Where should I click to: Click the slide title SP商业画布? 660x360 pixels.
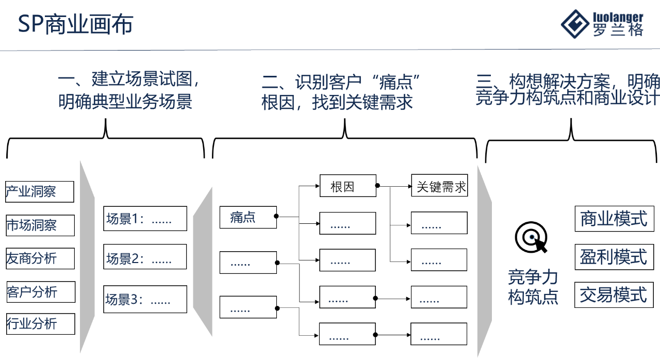pos(75,25)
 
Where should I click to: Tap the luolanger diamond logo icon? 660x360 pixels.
pos(575,24)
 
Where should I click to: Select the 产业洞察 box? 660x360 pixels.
pos(40,192)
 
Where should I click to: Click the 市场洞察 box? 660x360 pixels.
pos(40,225)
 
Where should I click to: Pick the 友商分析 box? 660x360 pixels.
pos(40,258)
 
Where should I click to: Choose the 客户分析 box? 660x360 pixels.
pos(41,292)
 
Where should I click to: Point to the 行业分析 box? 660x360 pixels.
pos(40,324)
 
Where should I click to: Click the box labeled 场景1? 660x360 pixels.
pos(145,219)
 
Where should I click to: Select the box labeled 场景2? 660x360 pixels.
pos(145,257)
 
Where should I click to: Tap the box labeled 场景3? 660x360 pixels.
pos(145,299)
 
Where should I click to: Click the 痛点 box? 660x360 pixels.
pos(248,217)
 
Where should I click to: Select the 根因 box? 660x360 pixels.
pos(348,186)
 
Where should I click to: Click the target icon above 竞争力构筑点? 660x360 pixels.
pos(531,238)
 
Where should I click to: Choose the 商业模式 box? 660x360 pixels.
pos(614,218)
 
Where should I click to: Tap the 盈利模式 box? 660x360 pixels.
pos(614,256)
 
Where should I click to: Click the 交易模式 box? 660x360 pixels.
pos(614,295)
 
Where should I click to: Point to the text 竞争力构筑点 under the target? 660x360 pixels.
pos(533,287)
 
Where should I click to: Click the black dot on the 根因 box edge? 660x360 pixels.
pos(377,186)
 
